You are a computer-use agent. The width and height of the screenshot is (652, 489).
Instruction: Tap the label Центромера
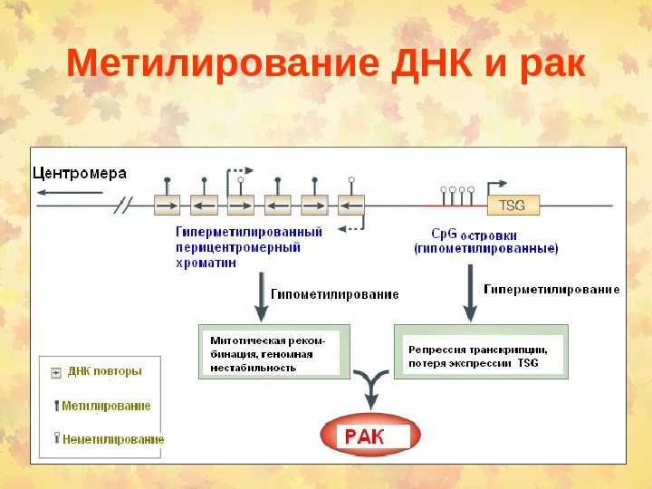point(80,173)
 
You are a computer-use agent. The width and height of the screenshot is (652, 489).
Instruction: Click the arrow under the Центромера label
point(69,191)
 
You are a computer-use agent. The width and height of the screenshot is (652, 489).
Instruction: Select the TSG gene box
point(513,205)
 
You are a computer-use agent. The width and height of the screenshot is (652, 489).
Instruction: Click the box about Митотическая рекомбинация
point(270,350)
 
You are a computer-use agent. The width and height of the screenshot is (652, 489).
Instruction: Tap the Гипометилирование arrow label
point(335,294)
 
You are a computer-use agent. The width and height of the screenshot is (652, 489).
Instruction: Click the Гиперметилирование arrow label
point(552,290)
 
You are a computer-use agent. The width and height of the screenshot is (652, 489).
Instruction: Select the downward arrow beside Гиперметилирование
point(471,292)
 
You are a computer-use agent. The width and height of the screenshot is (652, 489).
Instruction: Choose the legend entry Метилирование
point(107,406)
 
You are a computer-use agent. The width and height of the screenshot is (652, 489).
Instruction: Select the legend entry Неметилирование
point(112,439)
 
